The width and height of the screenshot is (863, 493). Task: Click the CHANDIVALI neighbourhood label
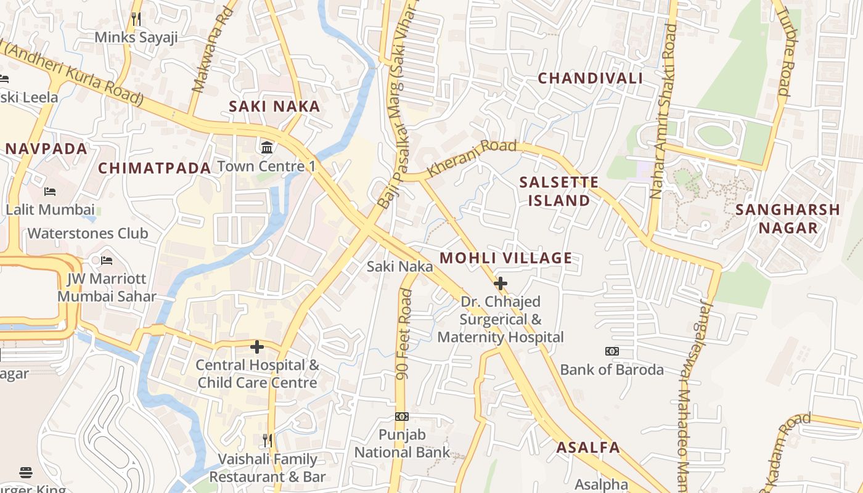[x=590, y=78]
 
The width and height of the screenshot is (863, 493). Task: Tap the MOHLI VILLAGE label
[x=506, y=258]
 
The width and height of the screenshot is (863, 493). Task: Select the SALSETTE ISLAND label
[x=558, y=191]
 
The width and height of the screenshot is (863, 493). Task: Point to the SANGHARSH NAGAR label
[x=788, y=219]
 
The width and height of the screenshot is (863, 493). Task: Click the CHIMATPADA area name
[x=154, y=168]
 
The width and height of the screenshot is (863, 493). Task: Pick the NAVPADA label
[x=47, y=149]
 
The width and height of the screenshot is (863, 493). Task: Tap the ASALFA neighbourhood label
[x=588, y=447]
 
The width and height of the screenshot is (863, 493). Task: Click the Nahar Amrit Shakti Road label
[x=664, y=111]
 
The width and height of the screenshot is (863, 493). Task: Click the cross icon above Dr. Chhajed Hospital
[x=501, y=283]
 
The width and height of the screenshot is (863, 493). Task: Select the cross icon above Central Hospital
[x=257, y=347]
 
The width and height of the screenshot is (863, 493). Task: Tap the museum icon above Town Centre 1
[x=268, y=148]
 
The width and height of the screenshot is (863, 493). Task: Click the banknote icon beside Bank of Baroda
[x=611, y=351]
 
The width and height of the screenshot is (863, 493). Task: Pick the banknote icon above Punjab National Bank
[x=402, y=417]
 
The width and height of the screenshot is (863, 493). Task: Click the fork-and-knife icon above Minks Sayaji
[x=136, y=19]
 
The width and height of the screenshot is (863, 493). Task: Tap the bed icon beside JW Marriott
[x=107, y=261]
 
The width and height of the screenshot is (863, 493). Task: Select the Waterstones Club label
[x=88, y=234]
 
